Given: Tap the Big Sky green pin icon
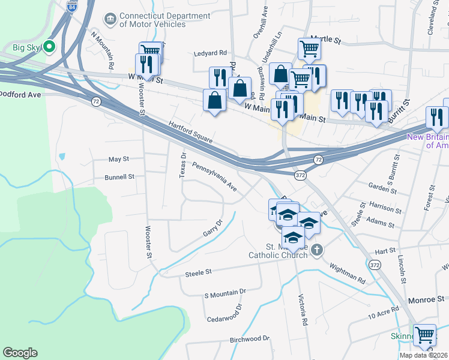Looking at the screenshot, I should [51, 46].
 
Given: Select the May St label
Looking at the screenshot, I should [118, 160].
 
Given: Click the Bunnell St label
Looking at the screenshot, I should [119, 178].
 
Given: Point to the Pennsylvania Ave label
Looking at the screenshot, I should [215, 176].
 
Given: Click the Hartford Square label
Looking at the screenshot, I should [191, 131].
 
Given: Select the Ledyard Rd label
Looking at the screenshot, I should [210, 53].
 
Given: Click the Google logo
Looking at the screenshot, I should [20, 353].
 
